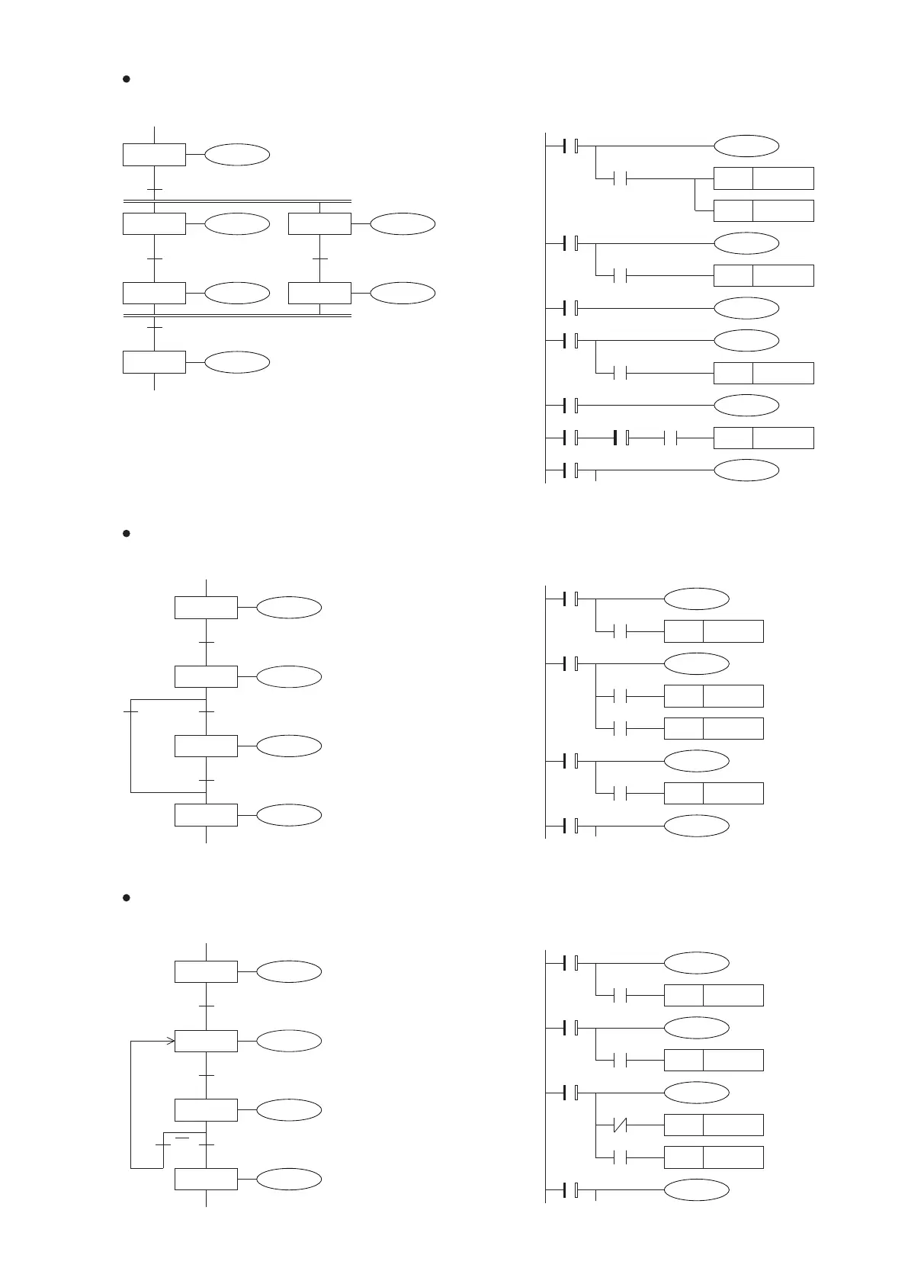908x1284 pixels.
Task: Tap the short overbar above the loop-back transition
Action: pos(182,1137)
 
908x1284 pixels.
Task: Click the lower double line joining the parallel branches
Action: pos(236,315)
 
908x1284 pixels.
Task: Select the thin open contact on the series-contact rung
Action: pos(671,438)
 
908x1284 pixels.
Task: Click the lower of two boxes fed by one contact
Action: pos(763,210)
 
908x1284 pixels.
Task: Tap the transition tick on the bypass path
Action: pos(130,711)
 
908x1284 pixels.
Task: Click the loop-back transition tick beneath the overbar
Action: pos(163,1145)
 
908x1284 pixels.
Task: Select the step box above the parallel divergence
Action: pos(154,154)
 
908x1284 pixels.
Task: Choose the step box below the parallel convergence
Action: pos(154,362)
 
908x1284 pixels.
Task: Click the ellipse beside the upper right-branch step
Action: pos(403,224)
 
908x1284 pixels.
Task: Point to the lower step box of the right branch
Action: pos(320,293)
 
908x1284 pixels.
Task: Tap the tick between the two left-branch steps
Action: pos(154,259)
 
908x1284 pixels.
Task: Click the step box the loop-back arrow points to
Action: pos(206,1041)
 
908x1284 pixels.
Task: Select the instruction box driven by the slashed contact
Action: pos(714,1125)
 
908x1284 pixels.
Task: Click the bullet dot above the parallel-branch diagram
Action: pos(127,79)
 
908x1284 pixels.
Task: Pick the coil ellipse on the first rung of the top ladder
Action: pos(746,146)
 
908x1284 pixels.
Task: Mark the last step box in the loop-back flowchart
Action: pos(206,1179)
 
